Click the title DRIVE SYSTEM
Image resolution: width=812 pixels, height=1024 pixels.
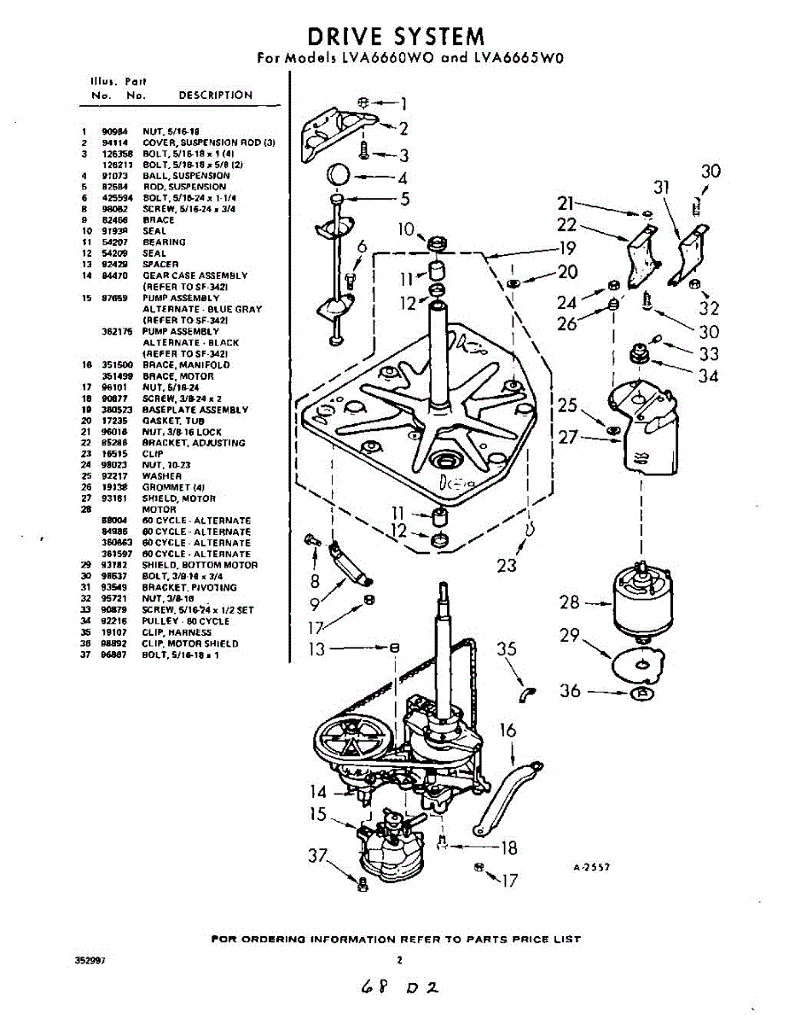tap(396, 37)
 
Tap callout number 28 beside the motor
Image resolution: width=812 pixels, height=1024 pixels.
tap(569, 602)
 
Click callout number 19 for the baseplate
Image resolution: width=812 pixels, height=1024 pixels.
tap(567, 249)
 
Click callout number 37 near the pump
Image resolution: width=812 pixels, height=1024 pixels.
tap(317, 855)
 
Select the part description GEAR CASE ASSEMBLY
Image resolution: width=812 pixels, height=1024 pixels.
tap(194, 276)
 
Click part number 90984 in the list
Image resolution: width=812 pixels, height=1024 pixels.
tap(114, 131)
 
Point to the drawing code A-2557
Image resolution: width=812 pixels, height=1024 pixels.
tap(591, 866)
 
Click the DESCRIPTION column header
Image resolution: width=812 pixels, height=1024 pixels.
tap(215, 95)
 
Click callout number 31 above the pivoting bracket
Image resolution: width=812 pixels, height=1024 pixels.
tap(659, 187)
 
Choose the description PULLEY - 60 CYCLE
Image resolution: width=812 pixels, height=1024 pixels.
tap(185, 621)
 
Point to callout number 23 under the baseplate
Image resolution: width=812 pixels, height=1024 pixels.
tap(506, 565)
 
